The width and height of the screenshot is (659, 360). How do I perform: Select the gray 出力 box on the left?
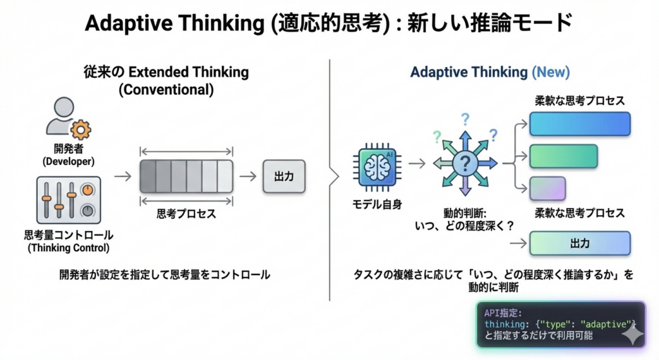tap(284, 176)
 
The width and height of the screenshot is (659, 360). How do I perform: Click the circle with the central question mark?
tap(464, 164)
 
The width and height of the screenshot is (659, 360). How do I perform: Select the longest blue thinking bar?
tap(579, 124)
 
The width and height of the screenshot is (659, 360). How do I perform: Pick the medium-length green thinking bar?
tap(563, 156)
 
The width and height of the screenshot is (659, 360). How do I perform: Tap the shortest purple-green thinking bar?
tap(547, 188)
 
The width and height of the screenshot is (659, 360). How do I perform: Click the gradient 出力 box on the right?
tap(579, 243)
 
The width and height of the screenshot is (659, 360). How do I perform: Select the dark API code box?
tap(560, 325)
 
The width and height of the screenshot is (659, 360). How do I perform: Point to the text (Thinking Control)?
tap(68, 248)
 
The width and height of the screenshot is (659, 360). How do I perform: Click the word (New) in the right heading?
tap(551, 72)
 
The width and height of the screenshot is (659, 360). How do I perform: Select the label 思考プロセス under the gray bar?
tap(186, 214)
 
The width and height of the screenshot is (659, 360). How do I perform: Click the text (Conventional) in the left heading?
tap(165, 90)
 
